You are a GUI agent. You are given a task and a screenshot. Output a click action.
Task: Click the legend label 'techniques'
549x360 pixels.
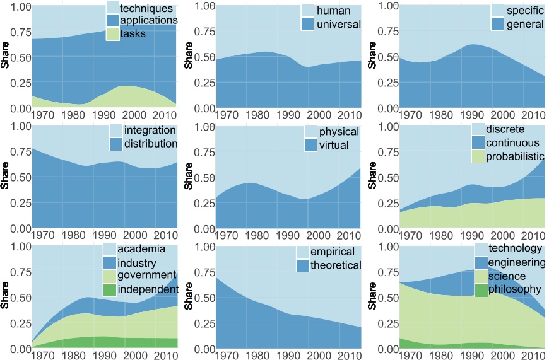click(x=146, y=9)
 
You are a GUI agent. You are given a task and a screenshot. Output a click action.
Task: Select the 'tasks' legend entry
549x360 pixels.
click(x=133, y=35)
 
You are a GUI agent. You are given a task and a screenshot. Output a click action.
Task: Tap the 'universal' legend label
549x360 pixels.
click(x=338, y=25)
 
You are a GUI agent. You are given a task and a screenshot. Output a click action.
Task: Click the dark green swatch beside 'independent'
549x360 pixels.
click(x=110, y=289)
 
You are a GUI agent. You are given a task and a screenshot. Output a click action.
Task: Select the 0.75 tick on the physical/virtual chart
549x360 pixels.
click(x=201, y=151)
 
